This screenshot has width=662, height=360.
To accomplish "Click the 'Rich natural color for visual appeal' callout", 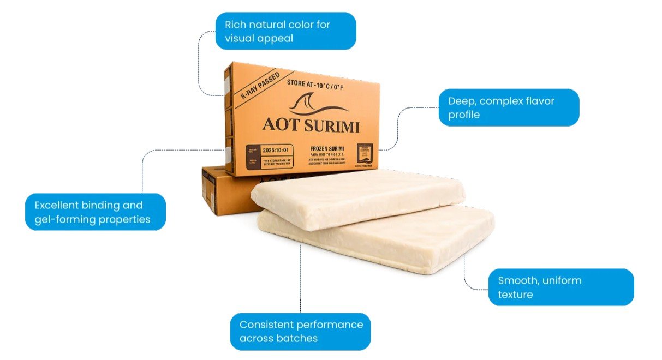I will (285, 31).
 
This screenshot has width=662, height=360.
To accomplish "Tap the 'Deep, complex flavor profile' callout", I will (509, 107).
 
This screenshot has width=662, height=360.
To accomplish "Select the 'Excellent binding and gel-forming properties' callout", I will (96, 212).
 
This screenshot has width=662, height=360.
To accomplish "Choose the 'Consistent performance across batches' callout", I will (300, 331).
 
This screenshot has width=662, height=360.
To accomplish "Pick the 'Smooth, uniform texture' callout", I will (560, 287).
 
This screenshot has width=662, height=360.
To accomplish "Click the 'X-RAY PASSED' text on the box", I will (260, 85).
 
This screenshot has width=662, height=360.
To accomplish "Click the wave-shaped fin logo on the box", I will (318, 105).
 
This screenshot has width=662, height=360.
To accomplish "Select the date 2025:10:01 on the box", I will (278, 149).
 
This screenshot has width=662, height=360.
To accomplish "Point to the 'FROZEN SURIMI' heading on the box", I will (329, 148).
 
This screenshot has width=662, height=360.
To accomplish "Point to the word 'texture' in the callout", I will (515, 295).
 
